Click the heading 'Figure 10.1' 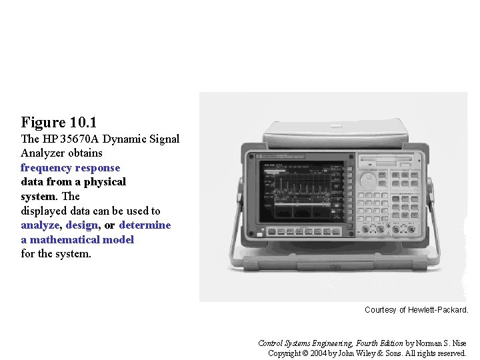[59, 123]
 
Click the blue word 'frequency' [46, 168]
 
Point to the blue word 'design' [81, 225]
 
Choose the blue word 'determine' [145, 225]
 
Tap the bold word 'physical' [107, 182]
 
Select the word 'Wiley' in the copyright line [369, 353]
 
